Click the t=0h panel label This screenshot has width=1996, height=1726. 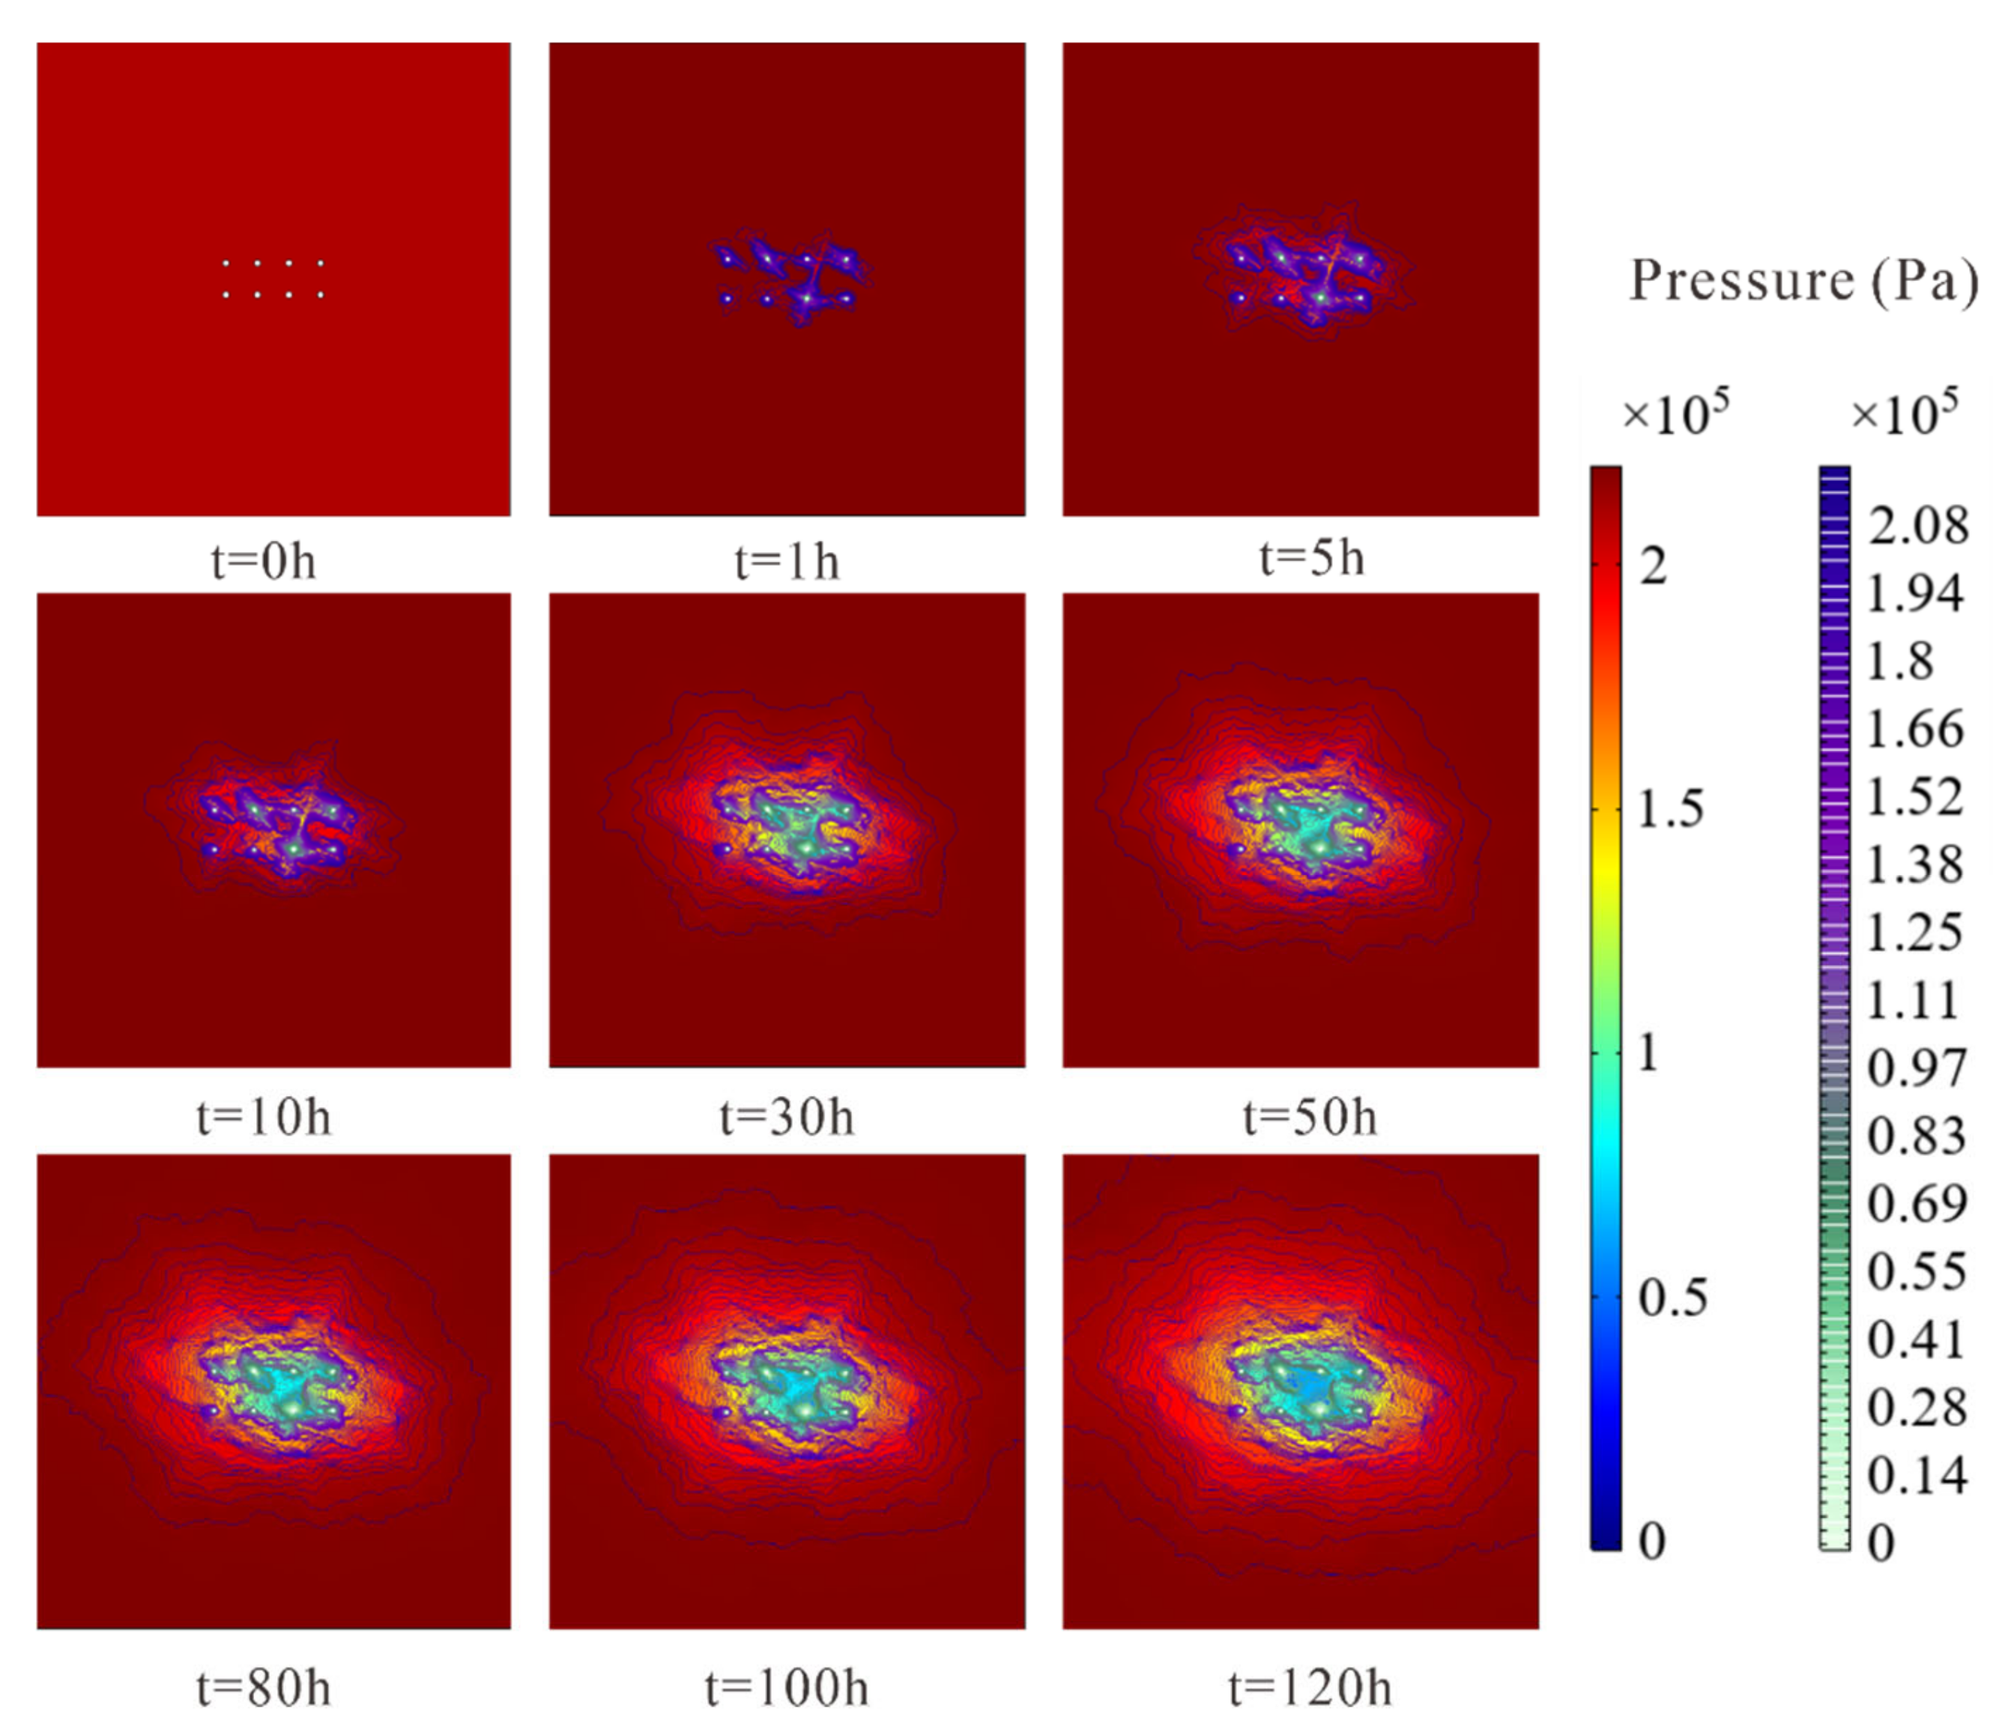[x=263, y=560]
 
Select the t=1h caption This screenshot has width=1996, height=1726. [x=787, y=560]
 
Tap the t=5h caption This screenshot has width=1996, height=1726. [x=1311, y=559]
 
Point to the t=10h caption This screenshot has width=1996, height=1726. [x=263, y=1117]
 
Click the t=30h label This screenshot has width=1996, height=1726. [x=787, y=1117]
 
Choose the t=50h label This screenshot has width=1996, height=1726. [x=1310, y=1117]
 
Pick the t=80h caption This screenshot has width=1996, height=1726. [x=263, y=1688]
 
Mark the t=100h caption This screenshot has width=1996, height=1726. [x=787, y=1688]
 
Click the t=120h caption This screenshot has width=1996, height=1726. [x=1310, y=1688]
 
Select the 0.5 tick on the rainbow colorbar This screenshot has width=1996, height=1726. [x=1672, y=1297]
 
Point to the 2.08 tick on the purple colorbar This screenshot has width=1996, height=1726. [x=1918, y=526]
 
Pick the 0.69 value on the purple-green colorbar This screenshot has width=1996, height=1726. [x=1916, y=1204]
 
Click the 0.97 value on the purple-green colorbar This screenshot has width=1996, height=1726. [x=1916, y=1068]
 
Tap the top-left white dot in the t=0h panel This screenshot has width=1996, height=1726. [x=226, y=263]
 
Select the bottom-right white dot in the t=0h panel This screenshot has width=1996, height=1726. [x=321, y=294]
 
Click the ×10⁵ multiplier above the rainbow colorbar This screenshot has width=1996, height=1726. [x=1676, y=414]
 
